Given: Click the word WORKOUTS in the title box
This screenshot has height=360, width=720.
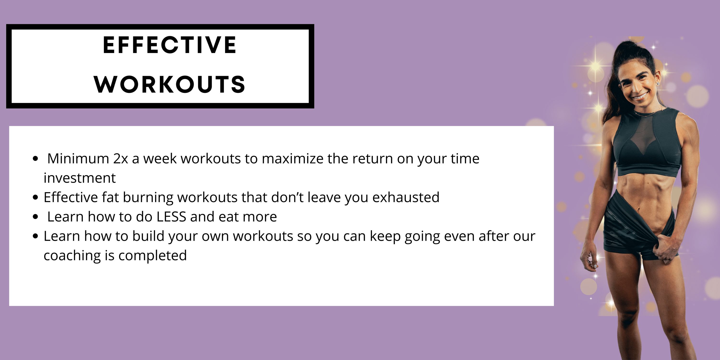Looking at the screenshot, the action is point(170,84).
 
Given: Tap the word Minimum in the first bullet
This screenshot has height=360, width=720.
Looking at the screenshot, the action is point(78,158).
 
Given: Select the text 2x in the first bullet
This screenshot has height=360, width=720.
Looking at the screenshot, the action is point(121,159).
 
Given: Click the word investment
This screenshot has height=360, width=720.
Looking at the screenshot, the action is point(80,178).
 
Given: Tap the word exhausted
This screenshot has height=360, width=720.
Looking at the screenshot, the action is point(406,197).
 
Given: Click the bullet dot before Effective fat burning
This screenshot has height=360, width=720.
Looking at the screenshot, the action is point(35,198).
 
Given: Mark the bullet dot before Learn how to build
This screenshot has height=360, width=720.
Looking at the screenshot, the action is point(35,236).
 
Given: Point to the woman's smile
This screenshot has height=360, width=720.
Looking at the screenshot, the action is point(640,97).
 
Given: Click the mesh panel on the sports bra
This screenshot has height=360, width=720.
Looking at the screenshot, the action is point(643,131).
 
